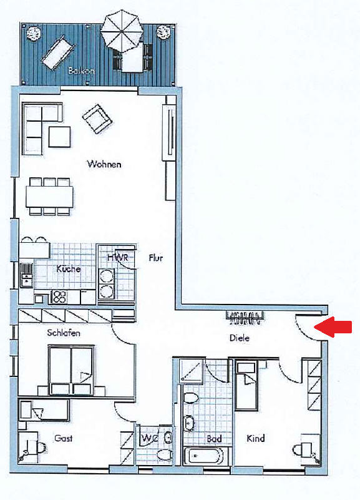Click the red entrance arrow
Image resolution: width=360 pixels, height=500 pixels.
(333, 327)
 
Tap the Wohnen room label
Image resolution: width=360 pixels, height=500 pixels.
(104, 164)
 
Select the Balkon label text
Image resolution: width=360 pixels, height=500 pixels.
(81, 71)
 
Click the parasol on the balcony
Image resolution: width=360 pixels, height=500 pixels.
(122, 31)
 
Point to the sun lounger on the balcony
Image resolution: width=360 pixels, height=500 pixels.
(57, 52)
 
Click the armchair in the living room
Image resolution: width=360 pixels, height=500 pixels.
(97, 119)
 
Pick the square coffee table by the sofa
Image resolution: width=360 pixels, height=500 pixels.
(59, 137)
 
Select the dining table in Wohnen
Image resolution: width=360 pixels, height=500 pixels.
(49, 197)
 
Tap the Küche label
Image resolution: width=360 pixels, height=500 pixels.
(69, 269)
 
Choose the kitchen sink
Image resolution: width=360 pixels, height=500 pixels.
(27, 275)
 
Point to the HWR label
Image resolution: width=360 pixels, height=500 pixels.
(117, 257)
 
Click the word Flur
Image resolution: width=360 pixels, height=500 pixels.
(156, 258)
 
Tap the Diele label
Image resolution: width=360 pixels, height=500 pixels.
(240, 338)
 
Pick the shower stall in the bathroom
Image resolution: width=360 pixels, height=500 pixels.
(191, 371)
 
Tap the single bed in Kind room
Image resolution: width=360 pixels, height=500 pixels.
(246, 386)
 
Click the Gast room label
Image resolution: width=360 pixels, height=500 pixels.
(64, 438)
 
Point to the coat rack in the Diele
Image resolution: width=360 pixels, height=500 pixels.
(245, 318)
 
